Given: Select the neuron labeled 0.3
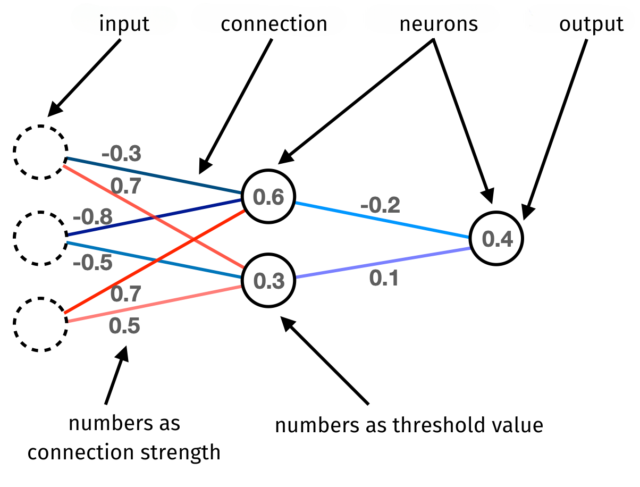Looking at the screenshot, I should click(x=268, y=280).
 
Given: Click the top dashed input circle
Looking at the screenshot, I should click(x=40, y=152).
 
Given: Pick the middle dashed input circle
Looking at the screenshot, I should click(x=40, y=238).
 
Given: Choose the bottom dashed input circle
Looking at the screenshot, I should click(x=40, y=324).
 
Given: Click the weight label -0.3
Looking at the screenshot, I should click(x=122, y=153).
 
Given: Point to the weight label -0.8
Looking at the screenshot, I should click(x=92, y=217).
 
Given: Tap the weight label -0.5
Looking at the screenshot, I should click(x=92, y=262).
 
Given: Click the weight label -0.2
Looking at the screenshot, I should click(x=380, y=205).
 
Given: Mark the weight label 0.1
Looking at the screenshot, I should click(x=384, y=278).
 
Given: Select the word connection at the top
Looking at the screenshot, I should click(x=274, y=24).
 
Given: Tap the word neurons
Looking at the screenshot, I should click(x=439, y=24).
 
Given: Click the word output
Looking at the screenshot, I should click(x=591, y=24).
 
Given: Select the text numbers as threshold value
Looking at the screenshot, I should click(x=409, y=425).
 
